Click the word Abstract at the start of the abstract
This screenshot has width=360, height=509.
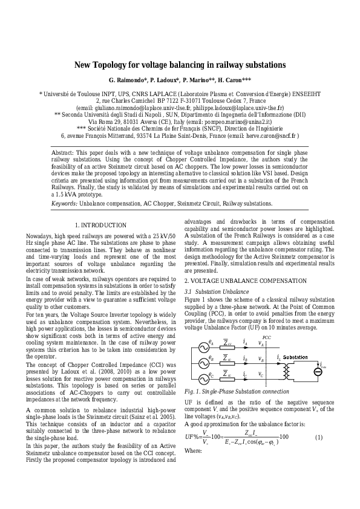[62, 154]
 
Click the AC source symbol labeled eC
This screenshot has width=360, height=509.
[203, 378]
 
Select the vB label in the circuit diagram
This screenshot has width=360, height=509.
[260, 359]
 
